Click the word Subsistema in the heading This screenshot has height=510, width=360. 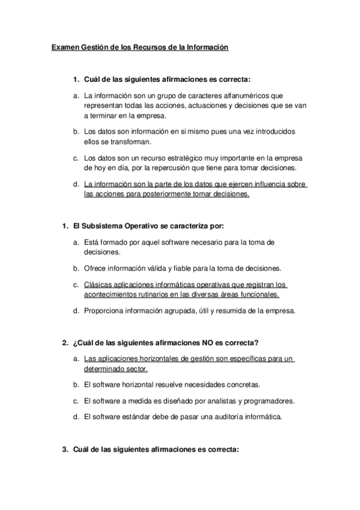click(101, 227)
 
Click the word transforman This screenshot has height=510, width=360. click(127, 141)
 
